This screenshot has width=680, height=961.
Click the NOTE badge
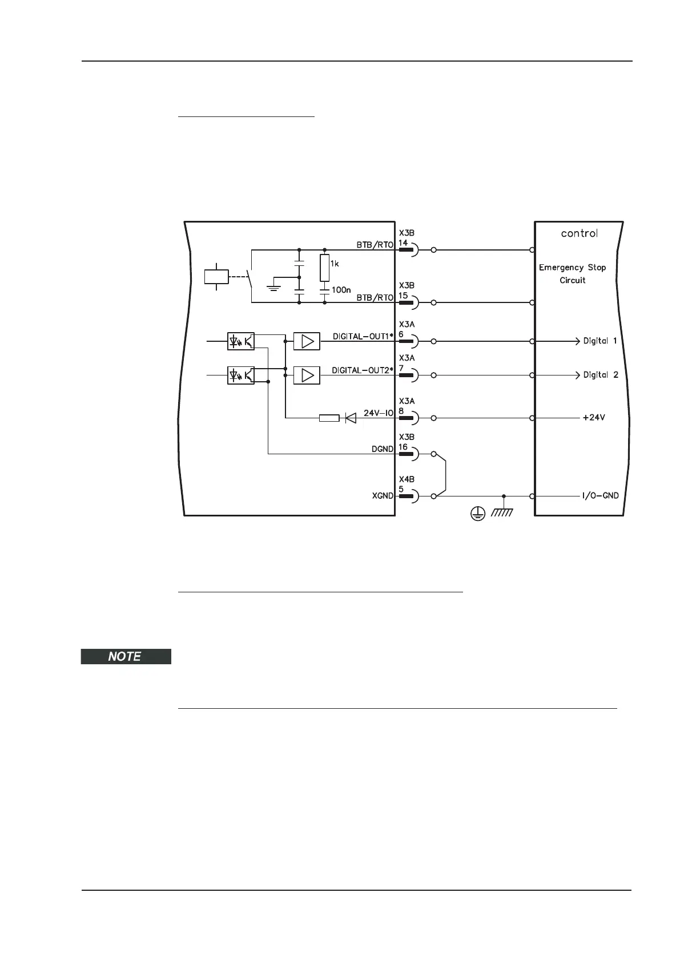click(x=126, y=656)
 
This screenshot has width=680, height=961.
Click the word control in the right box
click(x=579, y=233)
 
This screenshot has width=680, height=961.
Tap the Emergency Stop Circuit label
click(x=572, y=273)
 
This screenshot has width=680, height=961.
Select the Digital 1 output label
click(x=599, y=341)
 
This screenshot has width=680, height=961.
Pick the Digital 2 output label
click(x=600, y=375)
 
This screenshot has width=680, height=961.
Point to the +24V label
click(x=594, y=418)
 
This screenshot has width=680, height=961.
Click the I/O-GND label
click(x=600, y=495)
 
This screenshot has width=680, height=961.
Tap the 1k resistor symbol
click(x=324, y=268)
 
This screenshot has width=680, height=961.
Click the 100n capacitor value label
click(x=341, y=290)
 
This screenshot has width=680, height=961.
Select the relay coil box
click(x=216, y=277)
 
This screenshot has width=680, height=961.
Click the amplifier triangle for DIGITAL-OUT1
click(x=307, y=341)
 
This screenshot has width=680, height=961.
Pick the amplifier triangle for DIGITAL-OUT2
click(x=307, y=375)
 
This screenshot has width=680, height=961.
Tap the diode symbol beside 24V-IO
click(x=351, y=418)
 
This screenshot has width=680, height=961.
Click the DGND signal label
click(x=382, y=449)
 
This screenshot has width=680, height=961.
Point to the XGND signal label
click(x=382, y=495)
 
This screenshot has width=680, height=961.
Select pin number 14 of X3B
click(x=403, y=243)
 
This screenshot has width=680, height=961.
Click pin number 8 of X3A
click(x=401, y=410)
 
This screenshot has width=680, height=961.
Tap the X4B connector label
click(x=407, y=479)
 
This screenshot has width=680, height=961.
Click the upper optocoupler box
click(x=240, y=341)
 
